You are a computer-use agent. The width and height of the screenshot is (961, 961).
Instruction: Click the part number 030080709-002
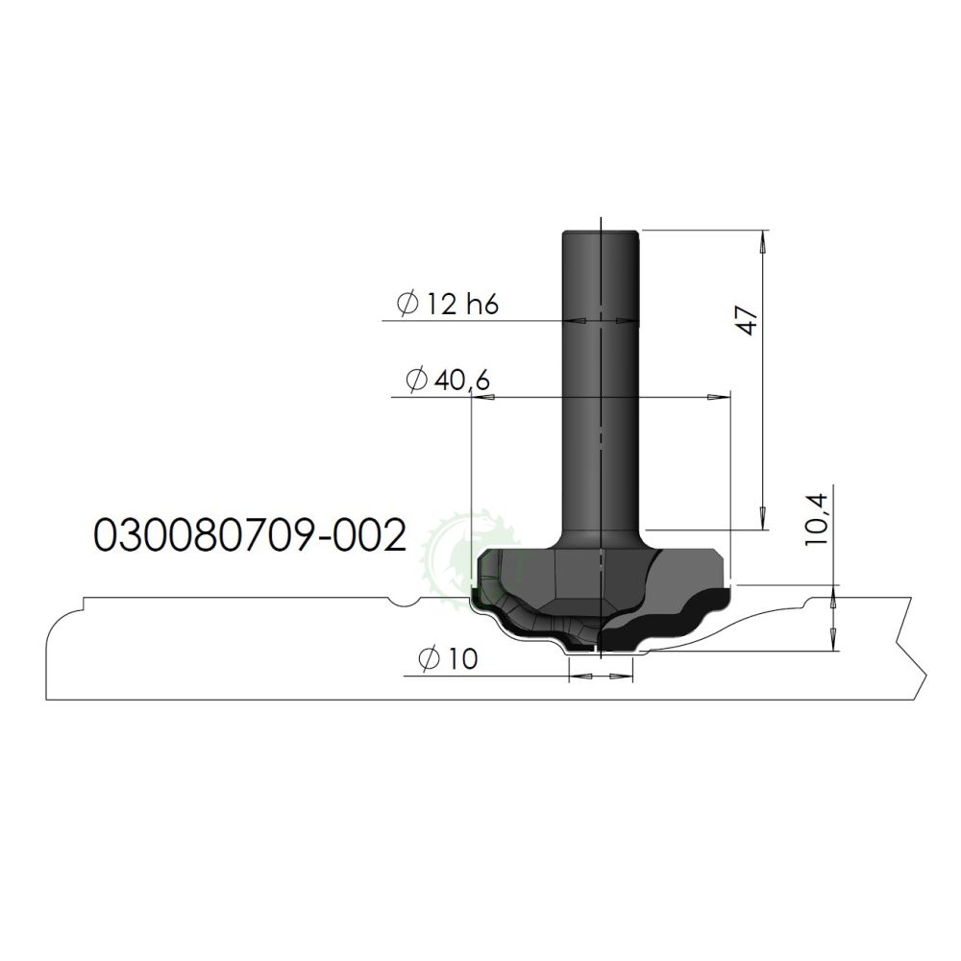pyautogui.click(x=245, y=536)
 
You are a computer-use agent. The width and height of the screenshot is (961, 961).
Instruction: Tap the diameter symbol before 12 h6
pyautogui.click(x=406, y=305)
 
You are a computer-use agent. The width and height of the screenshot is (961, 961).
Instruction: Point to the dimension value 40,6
pyautogui.click(x=462, y=381)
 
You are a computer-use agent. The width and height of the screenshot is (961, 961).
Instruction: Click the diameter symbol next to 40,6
pyautogui.click(x=415, y=382)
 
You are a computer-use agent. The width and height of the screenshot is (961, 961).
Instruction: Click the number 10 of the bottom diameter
pyautogui.click(x=460, y=659)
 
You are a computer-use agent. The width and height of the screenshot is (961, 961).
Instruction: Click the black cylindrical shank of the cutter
pyautogui.click(x=599, y=384)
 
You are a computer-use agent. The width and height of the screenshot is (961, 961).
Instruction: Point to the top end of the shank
pyautogui.click(x=599, y=232)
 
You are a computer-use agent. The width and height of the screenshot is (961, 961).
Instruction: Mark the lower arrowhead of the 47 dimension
pyautogui.click(x=763, y=520)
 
